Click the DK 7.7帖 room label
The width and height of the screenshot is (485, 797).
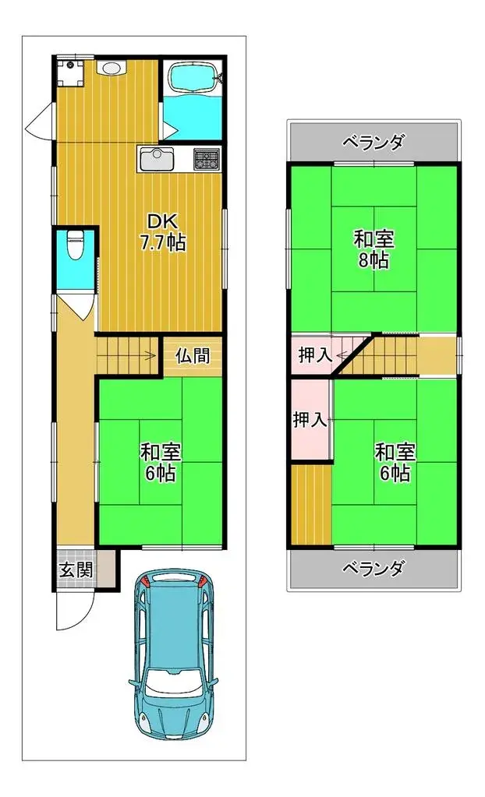click(163, 232)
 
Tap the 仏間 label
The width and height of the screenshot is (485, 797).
click(193, 356)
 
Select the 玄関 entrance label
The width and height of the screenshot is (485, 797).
click(76, 570)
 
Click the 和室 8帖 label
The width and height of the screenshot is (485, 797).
click(374, 249)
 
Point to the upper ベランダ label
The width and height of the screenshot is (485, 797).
click(373, 143)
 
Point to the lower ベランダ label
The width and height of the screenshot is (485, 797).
click(373, 568)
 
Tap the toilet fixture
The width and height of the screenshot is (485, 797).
click(76, 245)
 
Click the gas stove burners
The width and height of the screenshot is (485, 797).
click(206, 159)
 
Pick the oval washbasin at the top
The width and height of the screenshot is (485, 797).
click(110, 68)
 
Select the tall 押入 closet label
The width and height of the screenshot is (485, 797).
click(310, 419)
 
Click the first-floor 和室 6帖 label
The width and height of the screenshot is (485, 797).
click(161, 462)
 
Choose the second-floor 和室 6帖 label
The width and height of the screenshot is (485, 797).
click(395, 462)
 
